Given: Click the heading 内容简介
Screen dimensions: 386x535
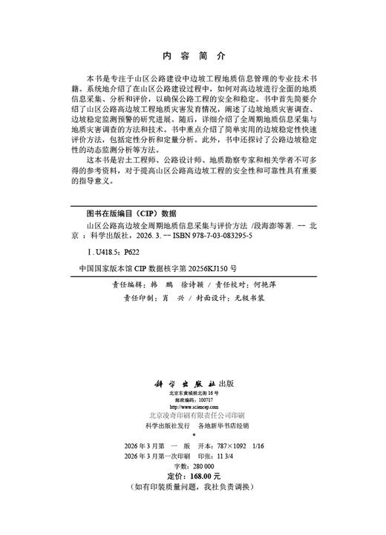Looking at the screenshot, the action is pyautogui.click(x=192, y=56).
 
